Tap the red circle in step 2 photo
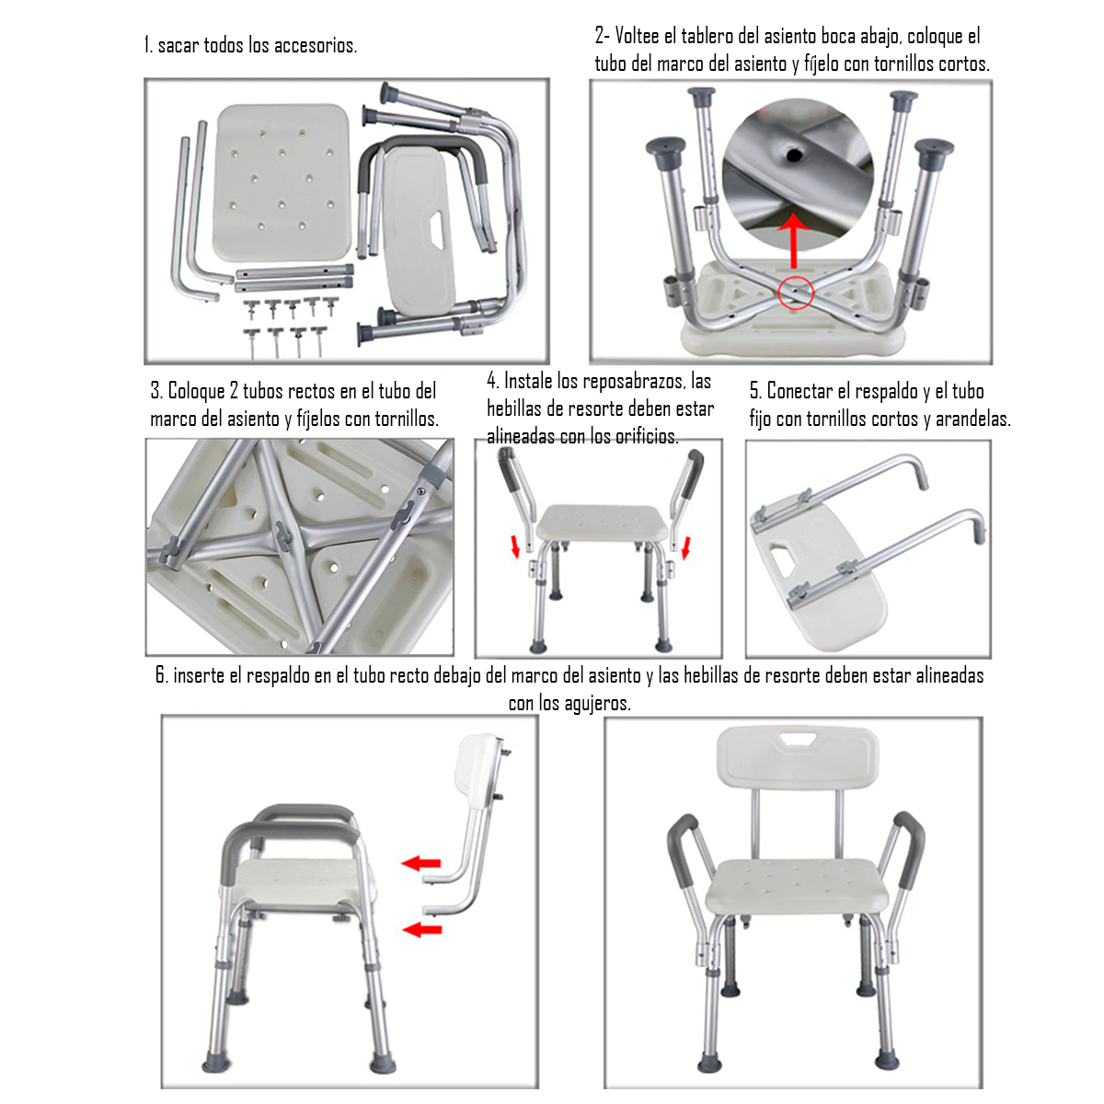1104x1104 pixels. [796, 293]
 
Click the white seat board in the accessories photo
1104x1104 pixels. [282, 181]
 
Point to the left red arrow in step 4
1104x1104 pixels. [515, 548]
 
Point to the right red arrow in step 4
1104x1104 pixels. [685, 548]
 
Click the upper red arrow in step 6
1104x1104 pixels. [421, 863]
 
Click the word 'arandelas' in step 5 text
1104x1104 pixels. [972, 419]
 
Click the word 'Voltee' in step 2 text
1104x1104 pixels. [637, 36]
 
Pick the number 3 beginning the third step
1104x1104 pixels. [155, 391]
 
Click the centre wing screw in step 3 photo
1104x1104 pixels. [282, 537]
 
